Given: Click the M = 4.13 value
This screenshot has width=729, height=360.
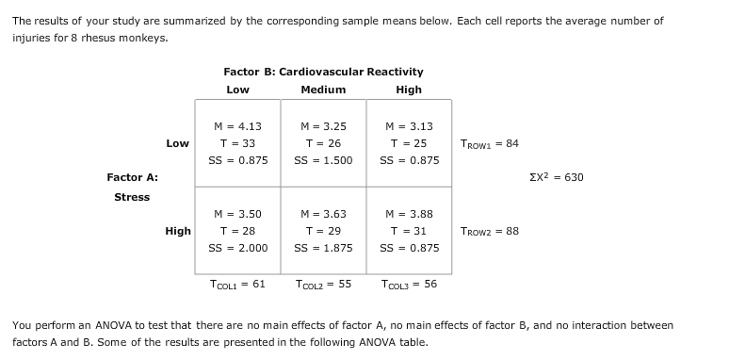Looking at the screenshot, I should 237,126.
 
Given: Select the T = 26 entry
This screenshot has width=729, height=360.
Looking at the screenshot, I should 323,143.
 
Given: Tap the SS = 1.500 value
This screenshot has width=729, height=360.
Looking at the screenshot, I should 323,160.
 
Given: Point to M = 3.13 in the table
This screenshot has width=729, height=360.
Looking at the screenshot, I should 409,126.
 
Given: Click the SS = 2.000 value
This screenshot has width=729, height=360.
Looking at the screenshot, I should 237,248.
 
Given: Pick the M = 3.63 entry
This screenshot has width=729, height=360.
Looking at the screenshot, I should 323,214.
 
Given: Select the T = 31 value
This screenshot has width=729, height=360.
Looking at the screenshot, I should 409,231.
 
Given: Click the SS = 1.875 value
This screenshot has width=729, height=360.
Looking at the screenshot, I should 323,248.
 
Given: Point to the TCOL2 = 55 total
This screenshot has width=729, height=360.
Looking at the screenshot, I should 323,284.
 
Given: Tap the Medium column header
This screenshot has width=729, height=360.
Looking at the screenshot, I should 323,90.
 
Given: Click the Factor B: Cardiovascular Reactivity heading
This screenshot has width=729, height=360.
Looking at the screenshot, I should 323,72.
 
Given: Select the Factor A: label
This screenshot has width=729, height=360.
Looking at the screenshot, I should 132,177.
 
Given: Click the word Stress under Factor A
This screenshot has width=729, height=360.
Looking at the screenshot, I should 132,197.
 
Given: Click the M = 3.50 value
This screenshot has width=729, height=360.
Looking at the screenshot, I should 237,214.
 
